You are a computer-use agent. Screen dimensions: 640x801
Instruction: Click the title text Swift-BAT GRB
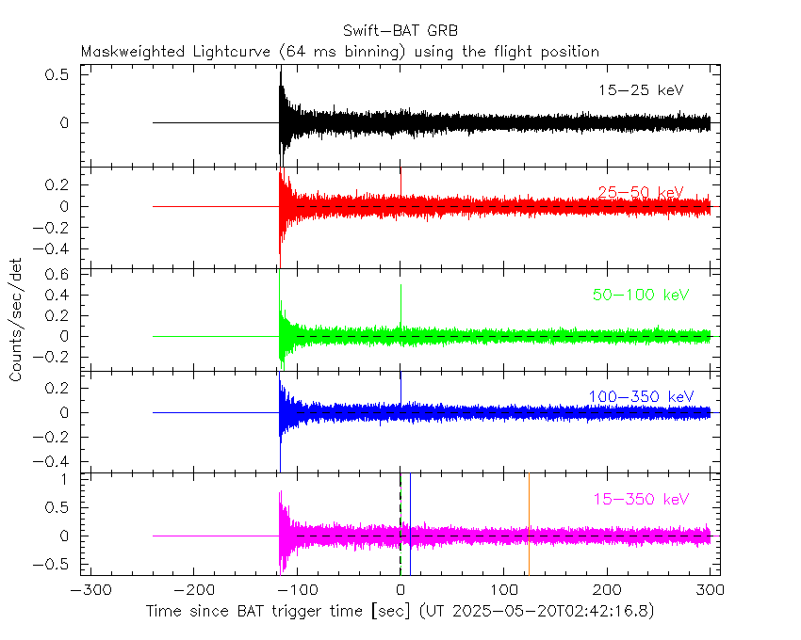coord(400,29)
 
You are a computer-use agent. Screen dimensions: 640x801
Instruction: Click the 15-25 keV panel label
coord(640,90)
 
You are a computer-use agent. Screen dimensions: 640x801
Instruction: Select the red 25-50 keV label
coord(640,193)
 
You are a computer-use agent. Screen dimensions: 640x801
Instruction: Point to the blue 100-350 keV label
coord(640,397)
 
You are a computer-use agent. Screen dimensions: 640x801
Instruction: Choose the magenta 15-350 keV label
coord(640,499)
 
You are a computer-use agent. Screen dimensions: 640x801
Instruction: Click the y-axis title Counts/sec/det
coord(16,320)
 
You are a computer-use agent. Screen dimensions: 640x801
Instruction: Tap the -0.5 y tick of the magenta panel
coord(59,565)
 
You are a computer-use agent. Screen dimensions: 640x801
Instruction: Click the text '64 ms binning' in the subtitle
coord(345,52)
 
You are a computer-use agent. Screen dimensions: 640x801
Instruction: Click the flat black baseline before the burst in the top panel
coord(217,122)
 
